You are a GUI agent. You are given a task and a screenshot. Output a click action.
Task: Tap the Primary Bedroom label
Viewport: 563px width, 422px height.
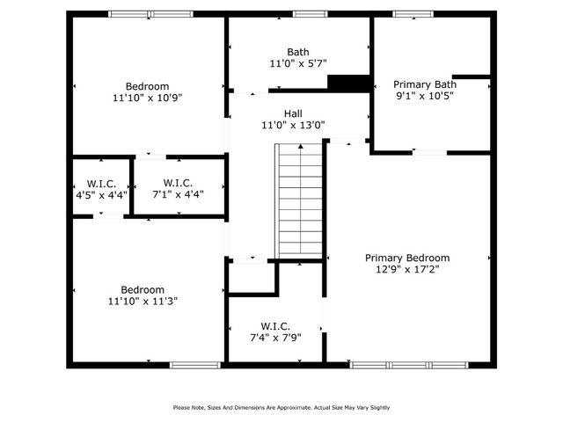click(x=407, y=258)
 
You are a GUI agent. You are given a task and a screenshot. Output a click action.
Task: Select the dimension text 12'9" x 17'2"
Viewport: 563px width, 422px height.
click(x=407, y=270)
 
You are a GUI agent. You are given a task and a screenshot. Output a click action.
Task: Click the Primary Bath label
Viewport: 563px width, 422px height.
click(x=425, y=84)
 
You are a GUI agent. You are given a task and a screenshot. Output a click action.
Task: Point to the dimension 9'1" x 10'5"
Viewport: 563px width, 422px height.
click(x=424, y=96)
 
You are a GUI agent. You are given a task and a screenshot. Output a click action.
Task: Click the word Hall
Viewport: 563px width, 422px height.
click(x=293, y=113)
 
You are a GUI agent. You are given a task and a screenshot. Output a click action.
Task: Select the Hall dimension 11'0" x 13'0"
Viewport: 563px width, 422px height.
click(x=293, y=125)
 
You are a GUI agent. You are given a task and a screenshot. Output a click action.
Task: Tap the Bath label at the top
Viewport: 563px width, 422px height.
click(x=298, y=52)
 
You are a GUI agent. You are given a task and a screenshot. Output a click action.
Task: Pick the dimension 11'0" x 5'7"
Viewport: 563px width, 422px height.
click(x=298, y=64)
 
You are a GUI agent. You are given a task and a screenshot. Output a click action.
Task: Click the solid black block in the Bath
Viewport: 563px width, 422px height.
click(x=347, y=83)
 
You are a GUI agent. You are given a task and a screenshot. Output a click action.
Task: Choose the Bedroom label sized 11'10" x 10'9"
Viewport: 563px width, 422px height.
click(x=147, y=85)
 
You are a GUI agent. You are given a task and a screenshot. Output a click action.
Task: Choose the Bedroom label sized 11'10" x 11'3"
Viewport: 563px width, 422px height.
click(x=143, y=289)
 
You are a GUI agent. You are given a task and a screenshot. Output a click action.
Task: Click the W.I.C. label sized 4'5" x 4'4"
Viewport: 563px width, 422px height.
click(x=101, y=183)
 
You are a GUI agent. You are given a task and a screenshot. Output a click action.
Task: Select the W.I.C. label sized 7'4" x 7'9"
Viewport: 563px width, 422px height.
click(x=275, y=325)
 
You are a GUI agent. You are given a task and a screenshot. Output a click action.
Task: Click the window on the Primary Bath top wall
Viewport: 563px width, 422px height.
click(x=406, y=14)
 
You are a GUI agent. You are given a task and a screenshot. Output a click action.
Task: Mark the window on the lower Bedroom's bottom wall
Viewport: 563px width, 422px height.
click(x=188, y=364)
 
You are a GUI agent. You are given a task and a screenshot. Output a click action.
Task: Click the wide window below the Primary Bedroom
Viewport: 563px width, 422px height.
click(x=407, y=364)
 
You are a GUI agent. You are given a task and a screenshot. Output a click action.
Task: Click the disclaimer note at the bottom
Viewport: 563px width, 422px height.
click(x=281, y=407)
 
